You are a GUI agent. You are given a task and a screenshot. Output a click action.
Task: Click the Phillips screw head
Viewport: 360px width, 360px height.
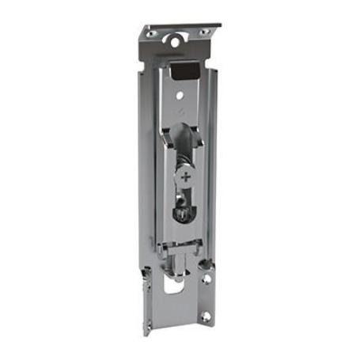pos(186,177)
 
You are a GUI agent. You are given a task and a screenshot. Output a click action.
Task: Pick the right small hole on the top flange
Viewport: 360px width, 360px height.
pos(205,32)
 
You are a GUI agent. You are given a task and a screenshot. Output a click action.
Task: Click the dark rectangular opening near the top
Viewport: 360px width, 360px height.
pos(184,72)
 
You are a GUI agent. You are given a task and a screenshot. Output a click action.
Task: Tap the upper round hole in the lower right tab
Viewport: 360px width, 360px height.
pos(205,279)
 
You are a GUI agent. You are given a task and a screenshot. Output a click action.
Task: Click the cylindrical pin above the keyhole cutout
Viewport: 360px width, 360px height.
pos(180,263)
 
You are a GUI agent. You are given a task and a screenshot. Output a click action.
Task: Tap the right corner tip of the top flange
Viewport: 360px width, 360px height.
pos(219,25)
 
